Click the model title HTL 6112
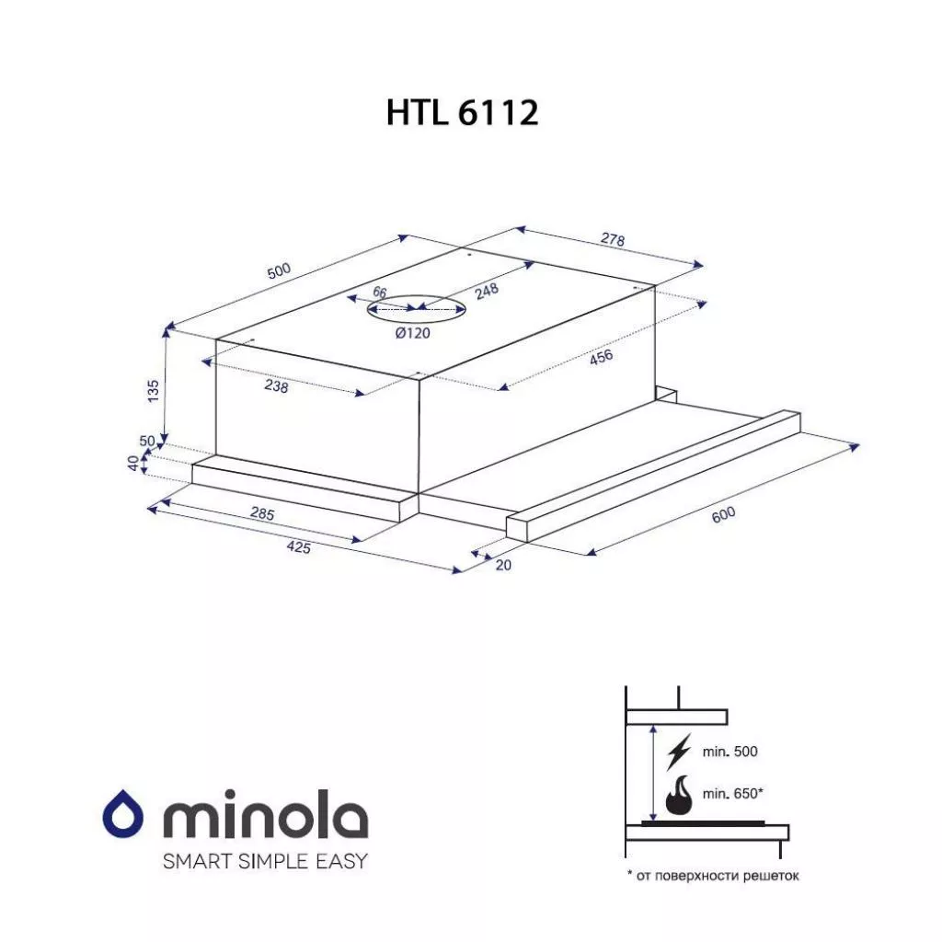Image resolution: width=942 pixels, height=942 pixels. (462, 112)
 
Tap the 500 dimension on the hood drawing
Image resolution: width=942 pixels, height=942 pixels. (279, 271)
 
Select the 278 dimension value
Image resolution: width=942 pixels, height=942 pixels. (613, 239)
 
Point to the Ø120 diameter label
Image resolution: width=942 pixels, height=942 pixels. (413, 332)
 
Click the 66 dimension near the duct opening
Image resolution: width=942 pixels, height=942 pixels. (380, 292)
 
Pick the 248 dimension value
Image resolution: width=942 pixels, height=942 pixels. (487, 291)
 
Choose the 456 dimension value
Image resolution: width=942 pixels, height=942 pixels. (602, 357)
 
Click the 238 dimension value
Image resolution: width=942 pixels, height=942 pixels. (276, 386)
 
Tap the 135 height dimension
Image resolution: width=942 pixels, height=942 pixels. (154, 390)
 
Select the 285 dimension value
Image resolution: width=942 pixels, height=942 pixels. (262, 513)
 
